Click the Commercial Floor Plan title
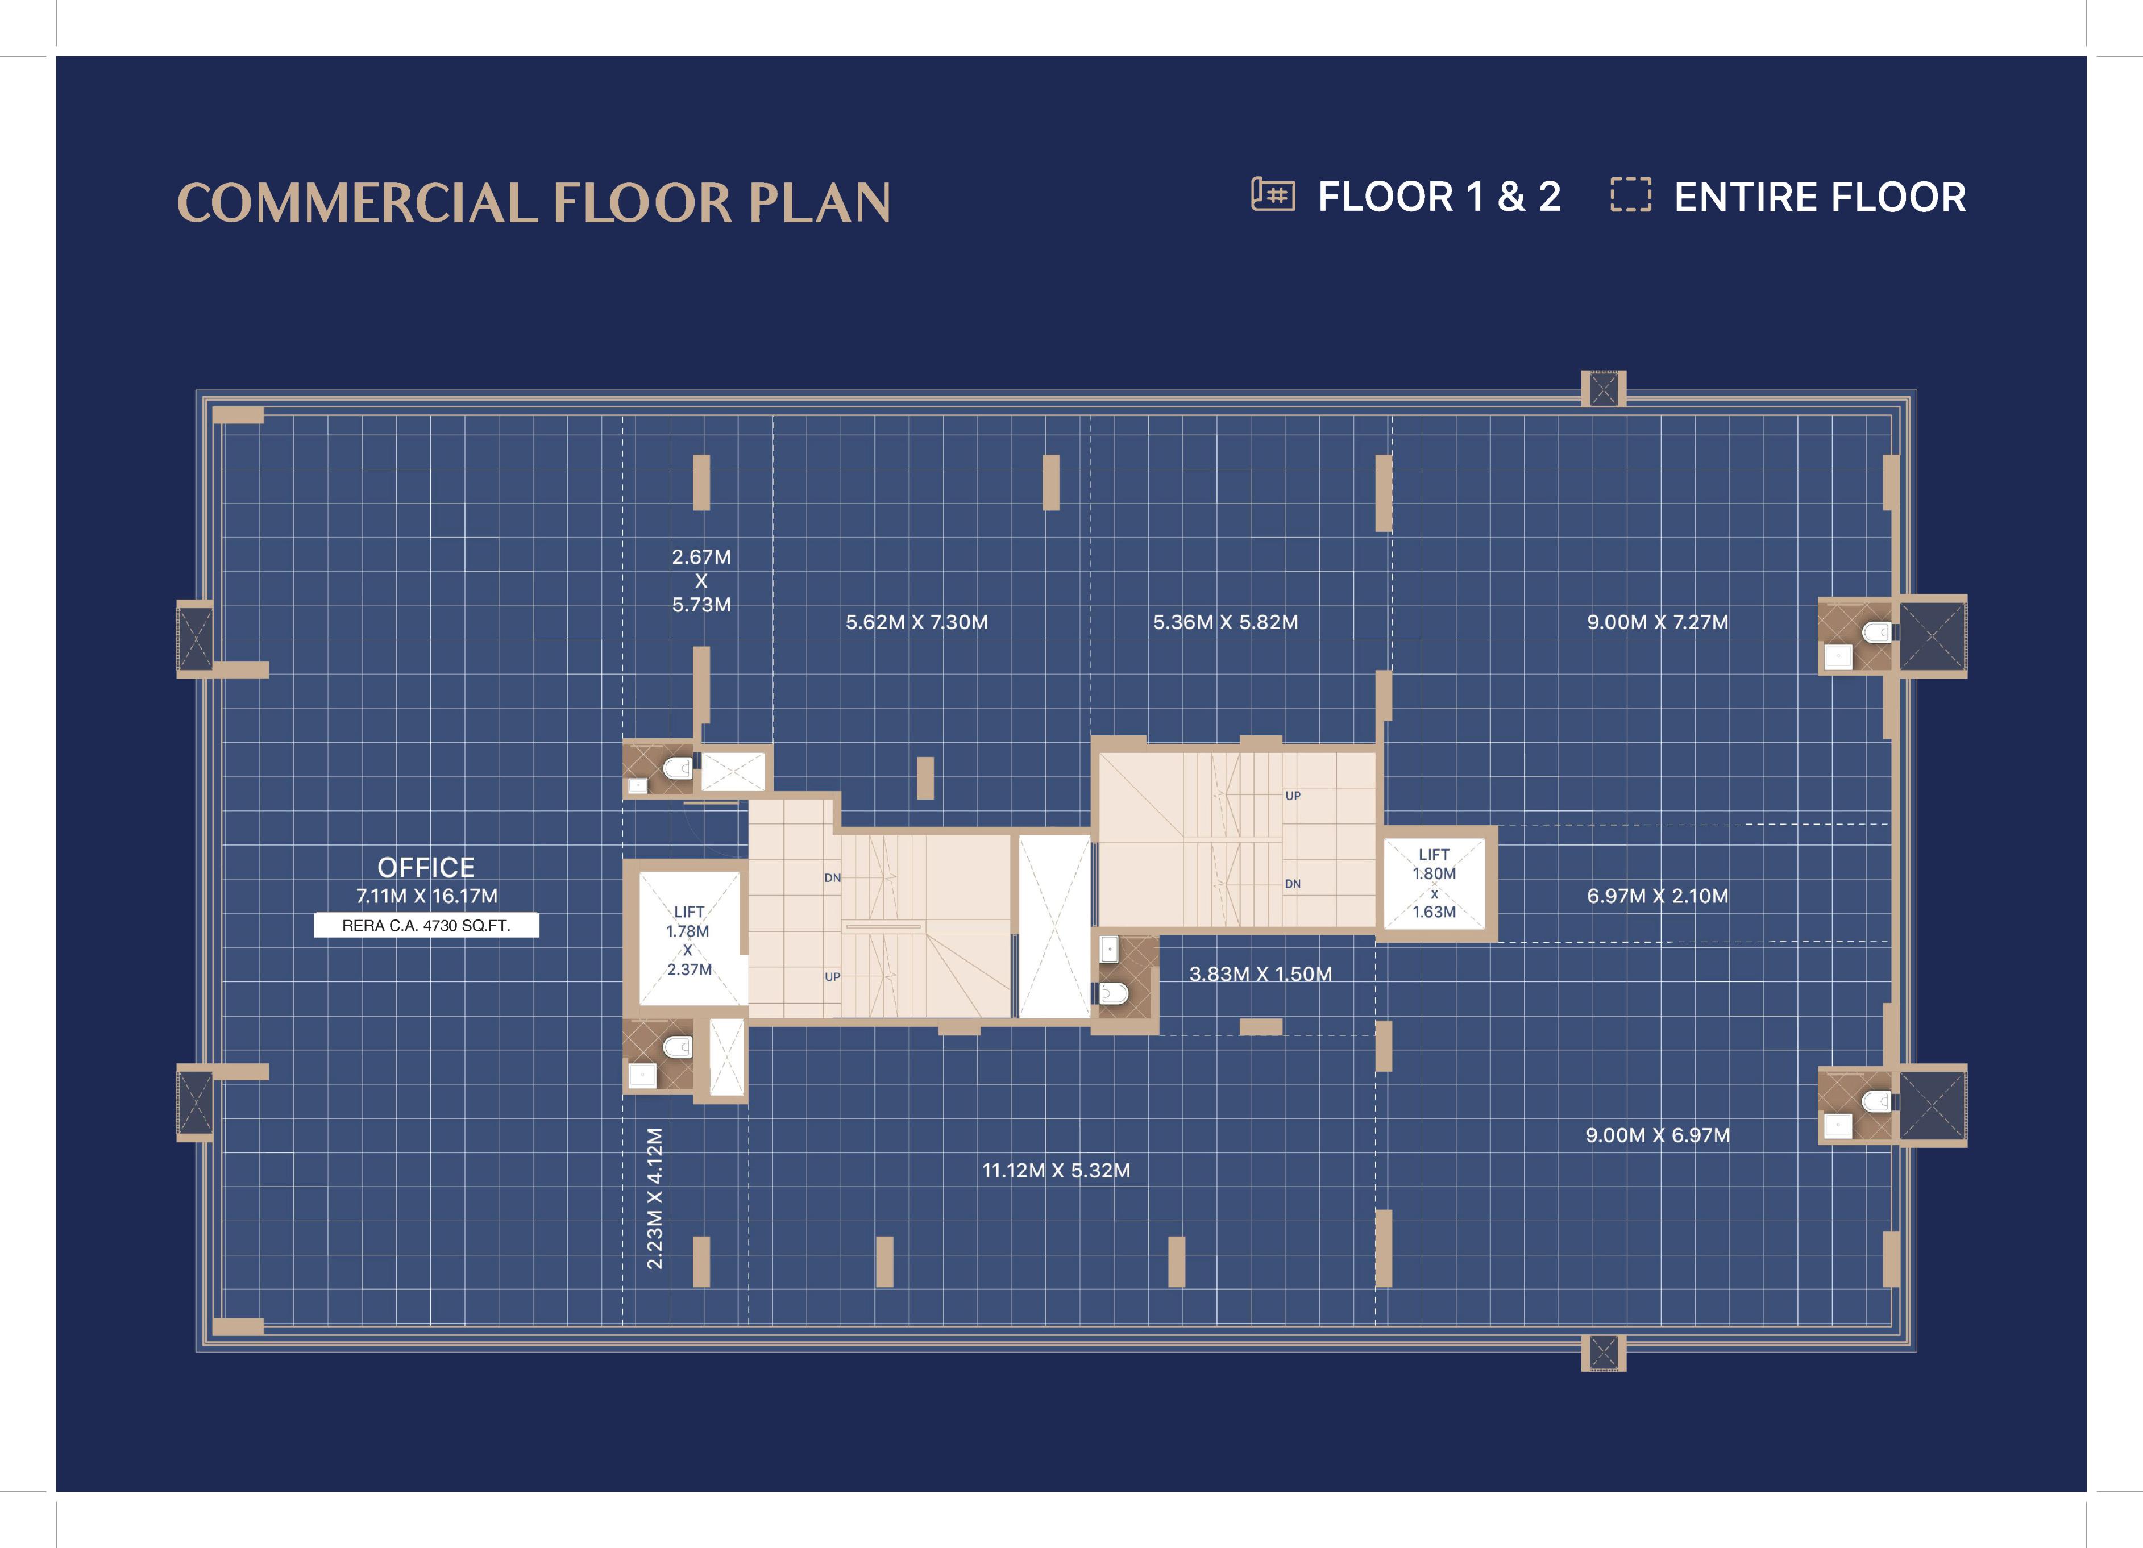coord(534,202)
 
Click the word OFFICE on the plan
coord(426,867)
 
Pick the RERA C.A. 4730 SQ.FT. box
coord(426,925)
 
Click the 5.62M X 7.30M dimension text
coord(916,622)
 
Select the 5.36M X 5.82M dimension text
coord(1226,622)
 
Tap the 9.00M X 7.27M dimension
coord(1658,622)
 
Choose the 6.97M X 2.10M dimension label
coord(1658,896)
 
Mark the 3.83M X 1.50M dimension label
coord(1260,974)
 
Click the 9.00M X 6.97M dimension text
coord(1658,1135)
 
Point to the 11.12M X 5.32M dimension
coord(1056,1170)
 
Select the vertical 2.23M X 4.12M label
coord(654,1199)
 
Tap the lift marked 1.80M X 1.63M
coord(1434,883)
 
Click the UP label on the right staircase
coord(1293,795)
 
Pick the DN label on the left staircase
coord(832,877)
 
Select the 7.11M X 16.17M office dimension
coord(426,896)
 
